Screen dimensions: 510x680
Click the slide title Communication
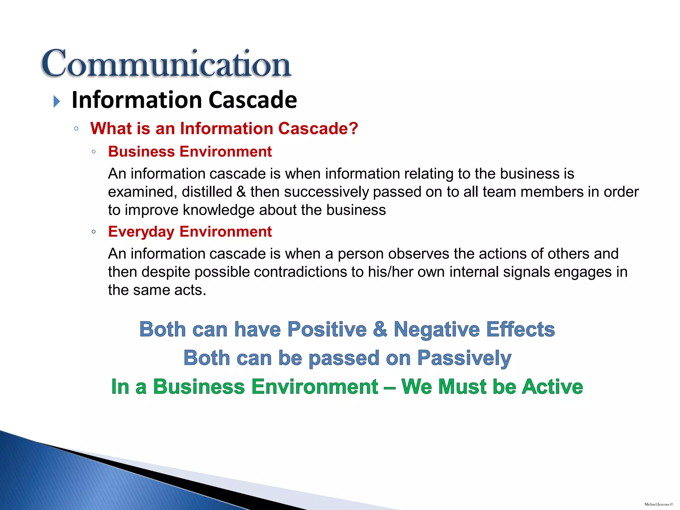[x=166, y=64]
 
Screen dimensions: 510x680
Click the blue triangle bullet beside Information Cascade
[x=57, y=101]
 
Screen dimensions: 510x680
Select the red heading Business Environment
[x=190, y=152]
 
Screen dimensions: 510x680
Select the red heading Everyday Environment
[x=190, y=232]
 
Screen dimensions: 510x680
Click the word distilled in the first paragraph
[x=207, y=192]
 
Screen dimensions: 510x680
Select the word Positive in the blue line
[x=327, y=329]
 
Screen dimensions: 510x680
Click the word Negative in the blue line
[x=437, y=329]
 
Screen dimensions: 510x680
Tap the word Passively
[x=464, y=358]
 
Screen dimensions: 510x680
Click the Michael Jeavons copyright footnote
[x=658, y=504]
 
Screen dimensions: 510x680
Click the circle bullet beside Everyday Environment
[x=94, y=232]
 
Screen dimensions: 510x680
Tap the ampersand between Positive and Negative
[x=380, y=329]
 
